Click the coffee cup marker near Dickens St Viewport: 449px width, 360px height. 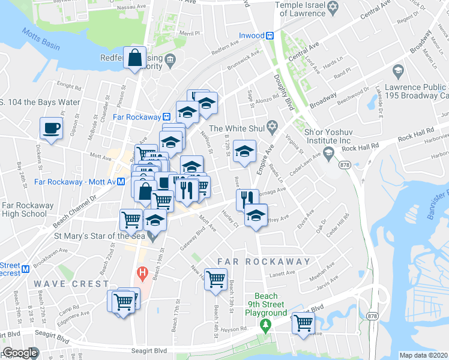[x=51, y=128]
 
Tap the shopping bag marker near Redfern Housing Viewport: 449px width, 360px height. [x=136, y=58]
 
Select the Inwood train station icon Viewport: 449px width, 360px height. [x=270, y=35]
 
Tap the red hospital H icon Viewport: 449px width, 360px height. [x=142, y=274]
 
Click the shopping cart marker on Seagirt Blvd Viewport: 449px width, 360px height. [x=304, y=323]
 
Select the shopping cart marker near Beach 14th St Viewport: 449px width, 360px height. [x=215, y=278]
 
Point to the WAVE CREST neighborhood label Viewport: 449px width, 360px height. [x=71, y=283]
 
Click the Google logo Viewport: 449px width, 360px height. [x=19, y=353]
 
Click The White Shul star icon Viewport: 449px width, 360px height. [x=272, y=128]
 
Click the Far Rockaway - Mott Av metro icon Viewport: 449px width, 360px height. [x=121, y=181]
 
